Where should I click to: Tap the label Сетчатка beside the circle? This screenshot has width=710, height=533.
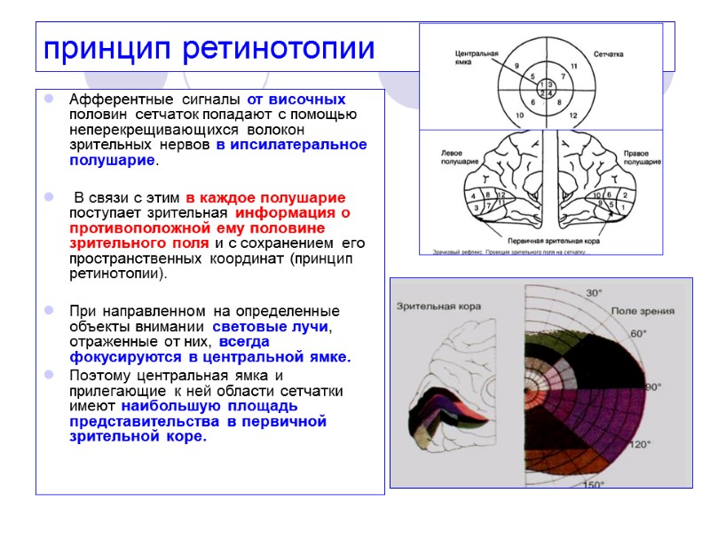click(x=609, y=53)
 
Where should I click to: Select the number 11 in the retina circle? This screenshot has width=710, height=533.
click(x=574, y=67)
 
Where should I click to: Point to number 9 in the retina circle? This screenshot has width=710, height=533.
click(x=517, y=66)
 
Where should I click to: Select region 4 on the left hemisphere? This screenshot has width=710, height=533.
click(x=475, y=195)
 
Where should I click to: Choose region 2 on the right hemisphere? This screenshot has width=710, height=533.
click(x=626, y=195)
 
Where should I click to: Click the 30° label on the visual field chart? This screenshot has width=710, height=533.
click(x=593, y=292)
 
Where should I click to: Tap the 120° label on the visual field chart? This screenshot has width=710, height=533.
click(x=641, y=444)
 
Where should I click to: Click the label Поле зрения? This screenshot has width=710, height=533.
click(x=641, y=311)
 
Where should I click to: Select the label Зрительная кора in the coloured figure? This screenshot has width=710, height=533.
click(x=438, y=306)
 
